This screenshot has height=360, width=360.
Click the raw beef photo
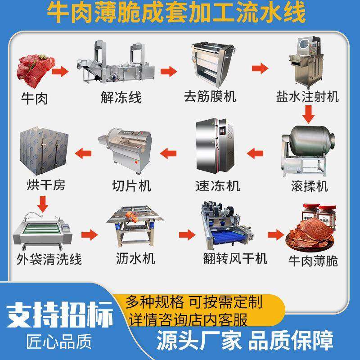pyautogui.click(x=36, y=69)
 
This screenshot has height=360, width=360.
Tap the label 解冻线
pyautogui.click(x=121, y=98)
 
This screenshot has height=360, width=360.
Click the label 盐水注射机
pyautogui.click(x=307, y=97)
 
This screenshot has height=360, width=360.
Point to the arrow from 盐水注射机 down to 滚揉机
pyautogui.click(x=308, y=114)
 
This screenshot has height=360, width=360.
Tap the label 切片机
pyautogui.click(x=131, y=186)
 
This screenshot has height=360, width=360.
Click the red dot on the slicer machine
pyautogui.click(x=136, y=162)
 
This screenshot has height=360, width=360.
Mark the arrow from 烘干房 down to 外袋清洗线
pyautogui.click(x=42, y=204)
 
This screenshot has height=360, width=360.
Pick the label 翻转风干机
pyautogui.click(x=235, y=259)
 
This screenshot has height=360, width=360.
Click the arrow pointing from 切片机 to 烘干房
pyautogui.click(x=83, y=153)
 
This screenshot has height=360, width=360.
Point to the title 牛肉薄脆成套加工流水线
pyautogui.click(x=176, y=12)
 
